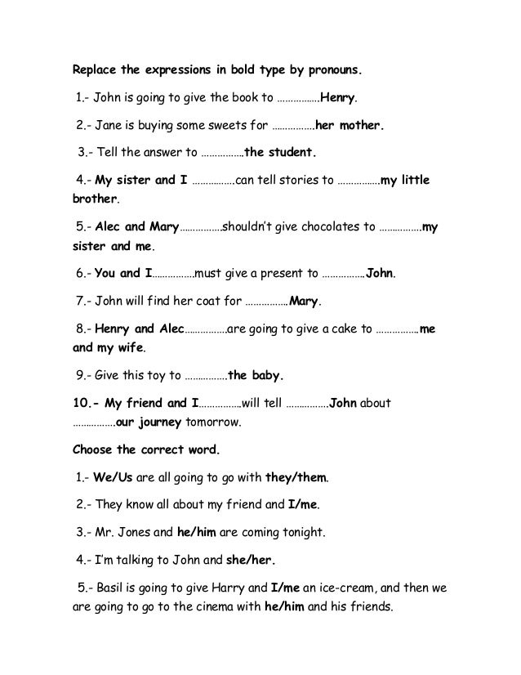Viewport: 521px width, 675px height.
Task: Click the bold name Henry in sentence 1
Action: pos(337,101)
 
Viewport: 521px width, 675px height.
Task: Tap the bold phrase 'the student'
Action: pos(279,152)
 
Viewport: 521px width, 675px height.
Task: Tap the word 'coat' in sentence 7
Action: pos(202,301)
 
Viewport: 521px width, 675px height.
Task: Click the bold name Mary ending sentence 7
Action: pos(304,301)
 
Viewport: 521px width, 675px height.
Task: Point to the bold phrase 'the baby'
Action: pos(256,376)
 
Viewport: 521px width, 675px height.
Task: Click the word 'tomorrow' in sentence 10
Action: pos(213,423)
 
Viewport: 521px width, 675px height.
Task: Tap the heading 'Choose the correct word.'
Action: pos(147,449)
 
